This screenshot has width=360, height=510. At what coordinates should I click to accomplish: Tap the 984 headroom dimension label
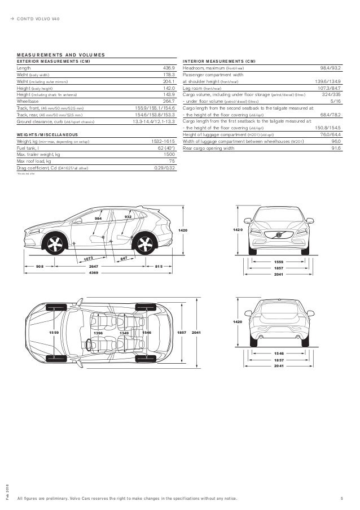[98, 217]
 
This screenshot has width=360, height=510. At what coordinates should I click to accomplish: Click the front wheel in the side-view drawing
[55, 245]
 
